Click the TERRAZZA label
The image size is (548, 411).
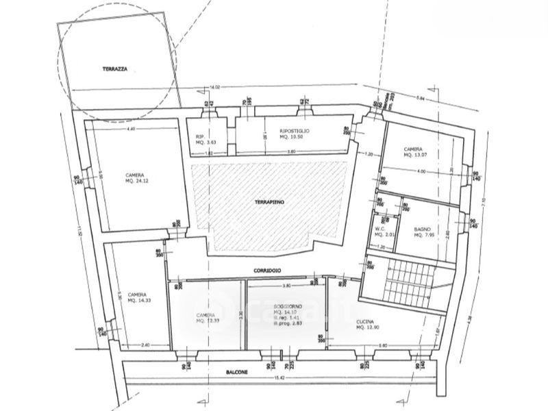[116, 69]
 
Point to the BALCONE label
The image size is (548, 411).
[236, 373]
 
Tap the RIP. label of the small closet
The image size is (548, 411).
[201, 136]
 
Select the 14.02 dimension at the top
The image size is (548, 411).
[214, 87]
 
